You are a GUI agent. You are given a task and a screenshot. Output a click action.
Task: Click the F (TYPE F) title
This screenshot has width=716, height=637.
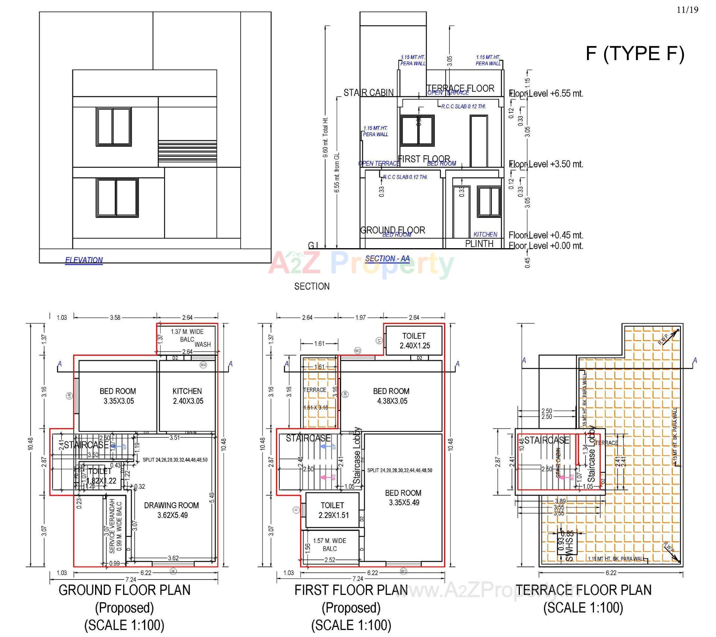635,53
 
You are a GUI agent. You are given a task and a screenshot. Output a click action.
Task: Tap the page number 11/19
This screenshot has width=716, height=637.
687,10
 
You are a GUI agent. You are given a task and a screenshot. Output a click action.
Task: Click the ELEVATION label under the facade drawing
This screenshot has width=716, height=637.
84,260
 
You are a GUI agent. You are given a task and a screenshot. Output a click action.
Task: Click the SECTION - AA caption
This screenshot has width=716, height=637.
387,259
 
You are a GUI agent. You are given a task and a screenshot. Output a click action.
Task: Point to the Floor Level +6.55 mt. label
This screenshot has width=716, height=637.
546,93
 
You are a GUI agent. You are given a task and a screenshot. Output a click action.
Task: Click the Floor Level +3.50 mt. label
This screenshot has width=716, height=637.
546,164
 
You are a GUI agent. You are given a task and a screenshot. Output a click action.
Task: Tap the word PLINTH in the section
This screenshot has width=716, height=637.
479,244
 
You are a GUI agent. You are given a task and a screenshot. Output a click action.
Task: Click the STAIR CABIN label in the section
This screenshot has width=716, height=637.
368,93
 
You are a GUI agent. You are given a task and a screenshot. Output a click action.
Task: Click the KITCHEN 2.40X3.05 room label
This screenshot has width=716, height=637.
187,396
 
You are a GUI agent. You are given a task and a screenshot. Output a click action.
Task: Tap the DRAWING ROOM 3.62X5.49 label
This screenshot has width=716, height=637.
172,510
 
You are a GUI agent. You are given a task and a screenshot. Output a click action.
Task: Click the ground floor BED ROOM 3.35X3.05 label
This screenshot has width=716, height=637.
118,396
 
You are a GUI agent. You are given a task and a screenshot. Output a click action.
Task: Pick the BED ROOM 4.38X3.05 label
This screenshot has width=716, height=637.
391,396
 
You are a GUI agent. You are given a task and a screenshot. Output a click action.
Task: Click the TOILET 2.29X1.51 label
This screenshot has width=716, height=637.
332,510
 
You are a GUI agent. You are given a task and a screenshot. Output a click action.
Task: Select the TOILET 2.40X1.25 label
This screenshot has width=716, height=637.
414,341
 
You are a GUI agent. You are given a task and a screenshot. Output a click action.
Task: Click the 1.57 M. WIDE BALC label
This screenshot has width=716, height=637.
330,544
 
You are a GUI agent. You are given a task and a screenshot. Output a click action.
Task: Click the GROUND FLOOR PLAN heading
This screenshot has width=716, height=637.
125,590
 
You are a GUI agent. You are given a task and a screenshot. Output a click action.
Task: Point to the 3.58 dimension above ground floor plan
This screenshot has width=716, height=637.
115,318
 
